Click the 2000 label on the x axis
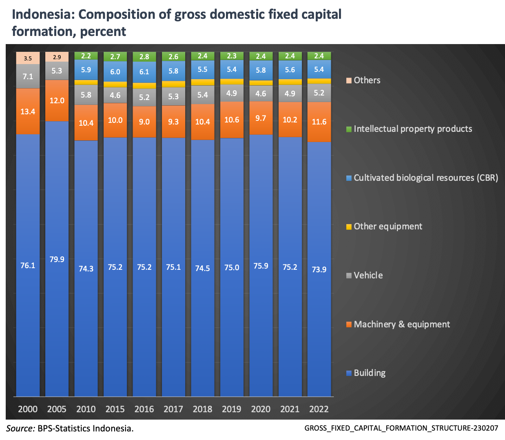tap(28, 409)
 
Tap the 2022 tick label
tap(319, 409)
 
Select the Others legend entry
tap(367, 80)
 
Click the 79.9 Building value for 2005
tap(57, 260)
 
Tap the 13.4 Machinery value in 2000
tap(28, 111)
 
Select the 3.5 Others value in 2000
tap(28, 58)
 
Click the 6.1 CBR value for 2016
tap(144, 72)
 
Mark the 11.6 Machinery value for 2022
tap(319, 122)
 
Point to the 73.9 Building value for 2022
tap(319, 269)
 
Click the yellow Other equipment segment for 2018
tap(203, 82)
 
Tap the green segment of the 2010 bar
tap(86, 56)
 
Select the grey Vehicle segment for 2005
tap(57, 71)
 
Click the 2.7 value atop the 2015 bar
tap(115, 57)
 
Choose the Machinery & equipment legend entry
tap(401, 324)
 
